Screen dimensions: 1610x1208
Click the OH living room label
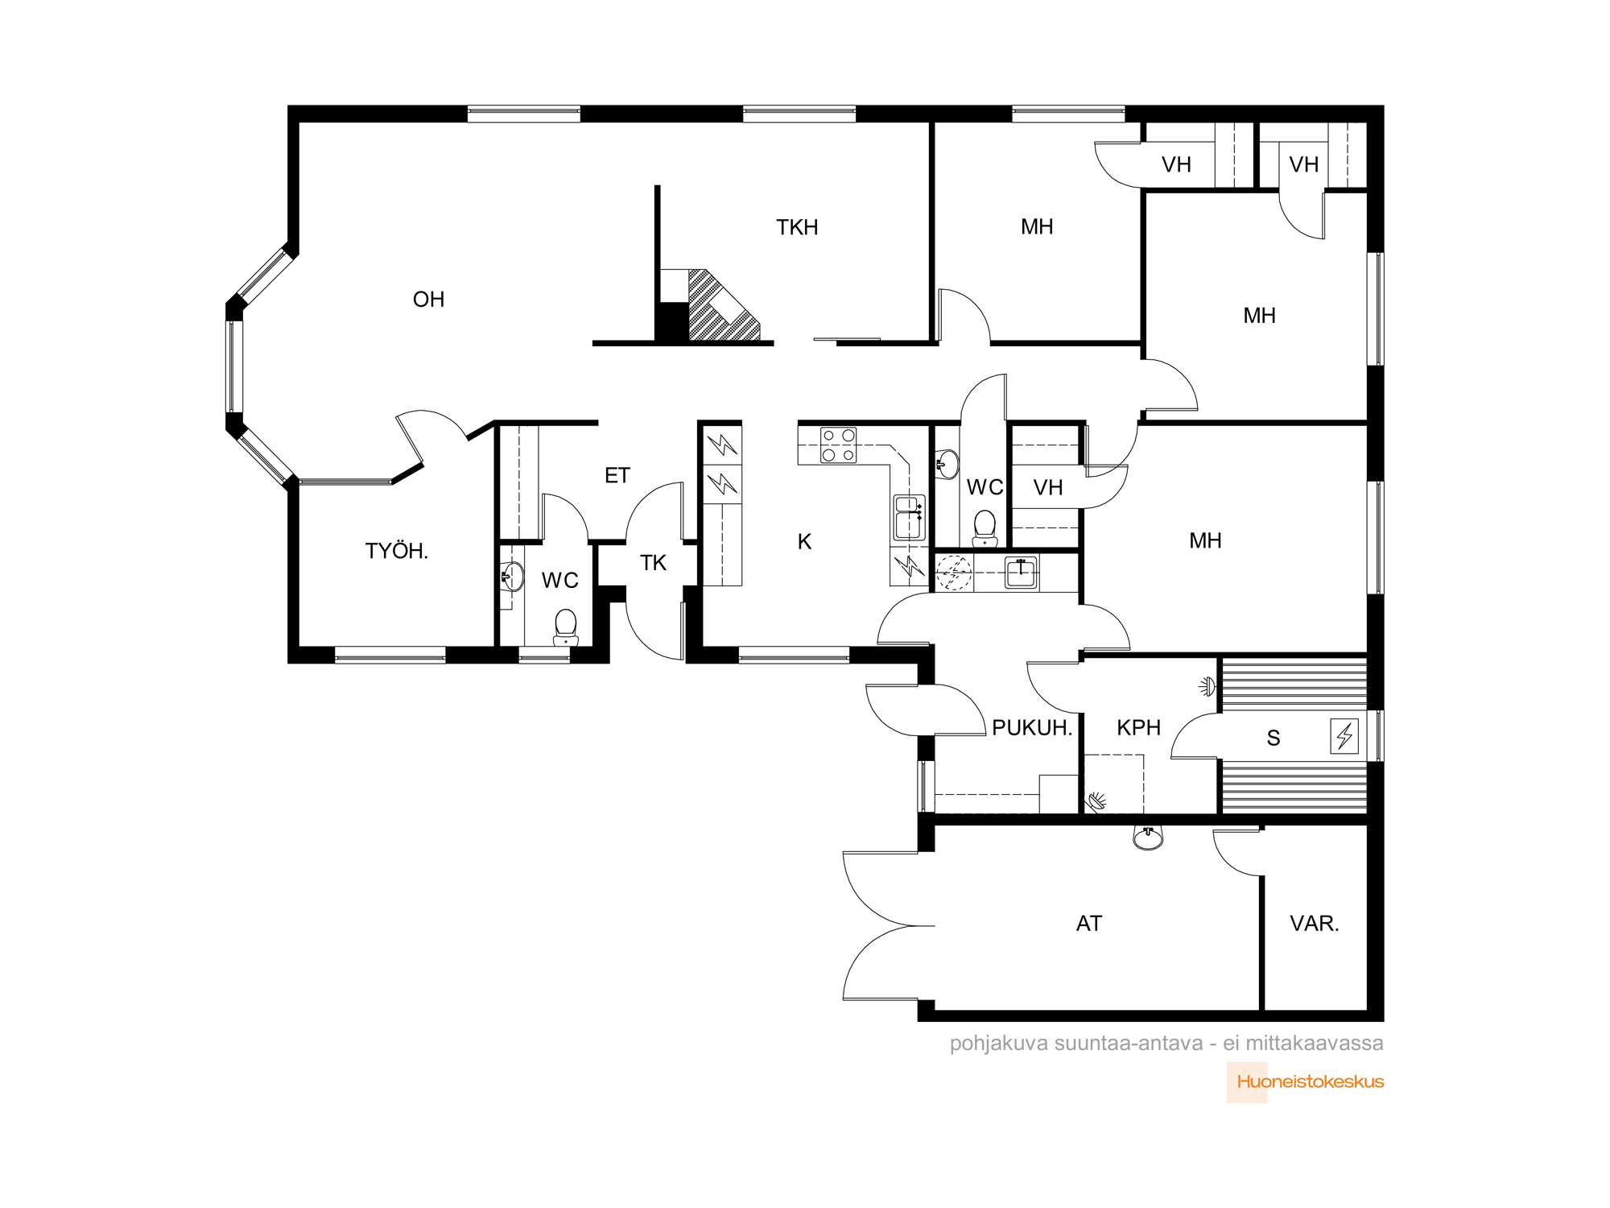[x=428, y=300]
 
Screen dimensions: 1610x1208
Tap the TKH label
[x=797, y=228]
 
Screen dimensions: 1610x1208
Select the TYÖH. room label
[x=396, y=551]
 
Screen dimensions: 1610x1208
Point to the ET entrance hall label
[x=617, y=476]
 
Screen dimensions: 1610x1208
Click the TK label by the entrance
[x=653, y=563]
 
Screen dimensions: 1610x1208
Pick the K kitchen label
[x=804, y=542]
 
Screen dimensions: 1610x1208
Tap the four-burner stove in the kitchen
[x=838, y=445]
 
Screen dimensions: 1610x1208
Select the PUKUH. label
[x=1032, y=728]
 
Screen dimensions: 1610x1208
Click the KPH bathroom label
[x=1138, y=728]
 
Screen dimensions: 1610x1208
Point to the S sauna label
[x=1273, y=738]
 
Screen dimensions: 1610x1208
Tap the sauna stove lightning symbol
[x=1344, y=736]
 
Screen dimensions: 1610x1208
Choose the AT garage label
[x=1088, y=924]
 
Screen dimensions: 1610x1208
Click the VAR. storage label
[x=1314, y=924]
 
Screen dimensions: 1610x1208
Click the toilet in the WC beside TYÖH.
[x=566, y=627]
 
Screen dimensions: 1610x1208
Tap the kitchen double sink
[x=909, y=517]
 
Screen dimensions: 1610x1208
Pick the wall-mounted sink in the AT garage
[x=1147, y=838]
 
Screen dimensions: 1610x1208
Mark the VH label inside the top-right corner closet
[x=1303, y=165]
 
